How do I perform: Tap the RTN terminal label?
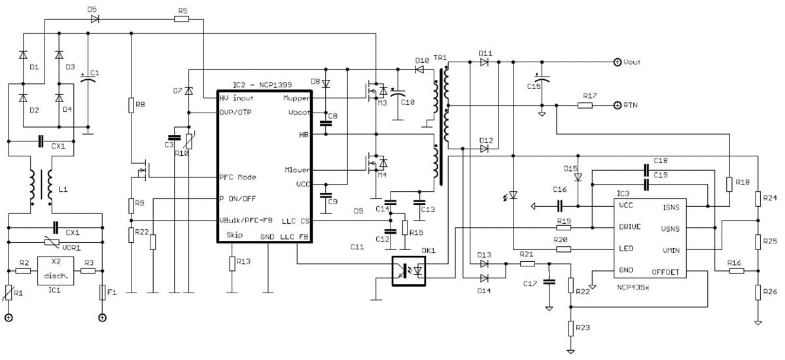(631, 105)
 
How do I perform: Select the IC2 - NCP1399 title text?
(262, 85)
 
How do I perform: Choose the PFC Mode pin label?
(237, 177)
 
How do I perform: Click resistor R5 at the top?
(183, 19)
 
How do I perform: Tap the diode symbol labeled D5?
(96, 19)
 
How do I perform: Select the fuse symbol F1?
(103, 292)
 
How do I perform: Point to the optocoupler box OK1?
(410, 270)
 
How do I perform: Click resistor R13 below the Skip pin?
(232, 263)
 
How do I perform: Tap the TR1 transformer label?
(440, 58)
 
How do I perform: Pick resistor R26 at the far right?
(758, 291)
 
